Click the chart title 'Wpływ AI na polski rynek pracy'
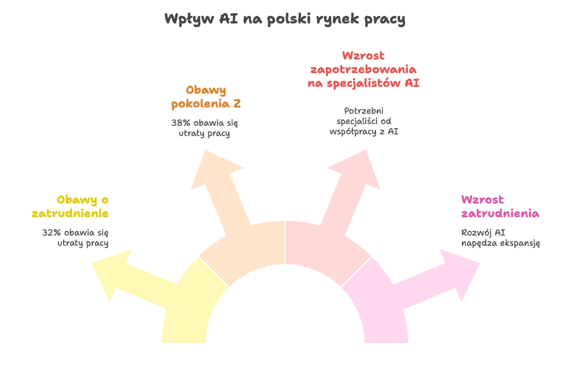284,19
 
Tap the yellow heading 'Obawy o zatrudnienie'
70,206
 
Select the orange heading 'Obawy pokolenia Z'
206,97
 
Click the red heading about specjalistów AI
363,69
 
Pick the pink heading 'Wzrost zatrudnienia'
500,206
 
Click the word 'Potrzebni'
363,111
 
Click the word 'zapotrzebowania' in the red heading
363,70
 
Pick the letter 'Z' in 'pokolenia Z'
237,104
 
